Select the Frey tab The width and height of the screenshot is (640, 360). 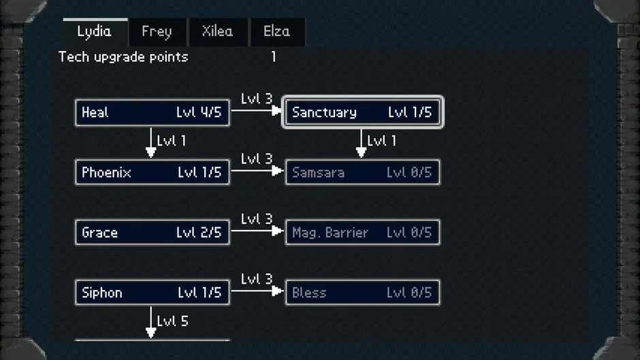[157, 32]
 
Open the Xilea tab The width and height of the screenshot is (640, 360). [218, 32]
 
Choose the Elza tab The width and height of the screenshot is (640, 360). [277, 32]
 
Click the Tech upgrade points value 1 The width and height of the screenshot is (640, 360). [274, 56]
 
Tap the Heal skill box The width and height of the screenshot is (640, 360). [153, 112]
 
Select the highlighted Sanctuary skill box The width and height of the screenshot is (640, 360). [362, 112]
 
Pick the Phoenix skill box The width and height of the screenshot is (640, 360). [153, 172]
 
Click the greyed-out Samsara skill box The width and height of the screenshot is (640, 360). [362, 172]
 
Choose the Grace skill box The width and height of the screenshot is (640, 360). [153, 232]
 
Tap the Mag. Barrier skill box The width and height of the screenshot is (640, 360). [362, 232]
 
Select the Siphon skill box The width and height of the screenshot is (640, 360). [153, 292]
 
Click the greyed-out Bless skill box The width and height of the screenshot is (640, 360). [362, 292]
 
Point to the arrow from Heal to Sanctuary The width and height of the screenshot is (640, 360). [257, 110]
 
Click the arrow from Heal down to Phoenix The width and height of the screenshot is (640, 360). [151, 142]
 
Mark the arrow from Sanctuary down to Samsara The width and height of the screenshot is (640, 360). [362, 144]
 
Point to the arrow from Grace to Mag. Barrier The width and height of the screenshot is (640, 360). [257, 231]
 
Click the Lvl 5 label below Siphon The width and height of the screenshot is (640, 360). [173, 321]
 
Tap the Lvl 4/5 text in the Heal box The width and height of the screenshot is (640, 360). [199, 112]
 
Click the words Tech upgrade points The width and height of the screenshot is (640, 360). [123, 56]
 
